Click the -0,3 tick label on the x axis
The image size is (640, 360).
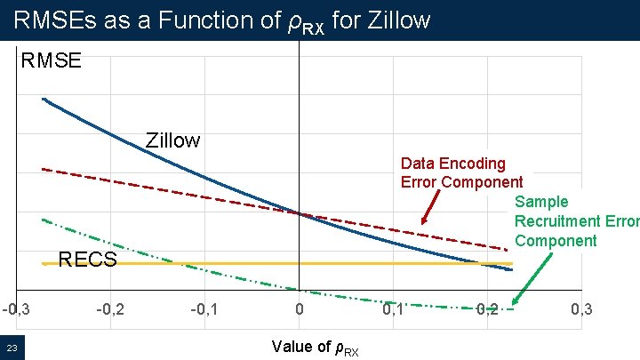pyautogui.click(x=15, y=309)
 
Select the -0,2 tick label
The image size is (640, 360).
pyautogui.click(x=110, y=309)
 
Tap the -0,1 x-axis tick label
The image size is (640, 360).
pyautogui.click(x=205, y=309)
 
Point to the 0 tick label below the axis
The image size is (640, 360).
pyautogui.click(x=300, y=309)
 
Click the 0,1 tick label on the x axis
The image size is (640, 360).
pyautogui.click(x=393, y=309)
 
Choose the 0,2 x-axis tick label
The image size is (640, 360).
pyautogui.click(x=487, y=309)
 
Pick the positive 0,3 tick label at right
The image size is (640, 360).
pyautogui.click(x=581, y=309)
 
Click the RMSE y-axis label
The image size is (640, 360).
pyautogui.click(x=52, y=60)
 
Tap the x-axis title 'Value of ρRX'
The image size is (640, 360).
pyautogui.click(x=316, y=347)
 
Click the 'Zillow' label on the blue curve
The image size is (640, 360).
pyautogui.click(x=173, y=140)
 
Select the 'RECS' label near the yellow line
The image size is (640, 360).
pyautogui.click(x=87, y=260)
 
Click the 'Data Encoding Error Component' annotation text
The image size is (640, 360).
pyautogui.click(x=460, y=172)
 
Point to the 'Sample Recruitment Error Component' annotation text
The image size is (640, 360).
pyautogui.click(x=576, y=221)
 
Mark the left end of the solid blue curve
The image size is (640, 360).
pyautogui.click(x=44, y=99)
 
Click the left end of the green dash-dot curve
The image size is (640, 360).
pyautogui.click(x=44, y=220)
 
